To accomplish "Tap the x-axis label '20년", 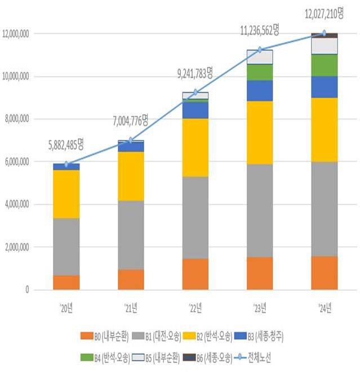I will [x=66, y=308].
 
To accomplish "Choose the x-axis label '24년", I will [x=324, y=308].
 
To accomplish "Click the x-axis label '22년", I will [x=195, y=308].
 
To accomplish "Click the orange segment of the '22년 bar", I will [x=195, y=274].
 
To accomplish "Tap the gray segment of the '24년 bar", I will [x=324, y=209].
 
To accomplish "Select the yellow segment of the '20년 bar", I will [x=66, y=194].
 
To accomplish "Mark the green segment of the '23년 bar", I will [x=260, y=72].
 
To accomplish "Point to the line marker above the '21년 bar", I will [x=131, y=140].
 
